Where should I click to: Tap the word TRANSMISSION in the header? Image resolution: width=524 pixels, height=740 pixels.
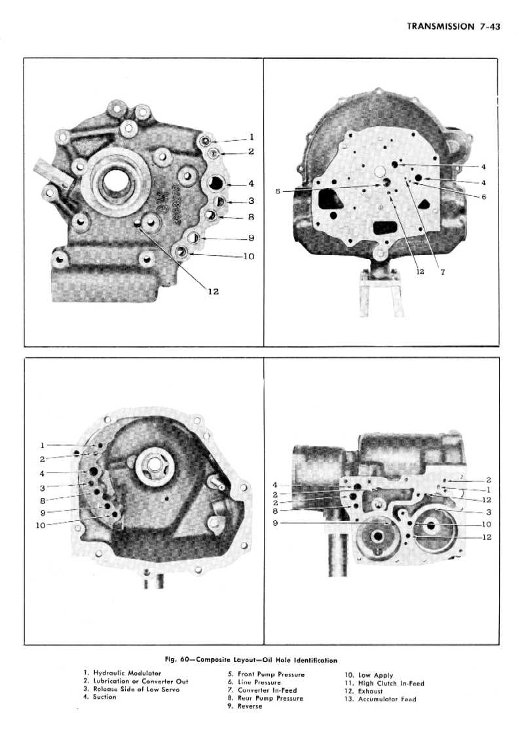coord(441,27)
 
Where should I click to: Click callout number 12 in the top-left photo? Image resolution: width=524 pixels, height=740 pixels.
coord(213,292)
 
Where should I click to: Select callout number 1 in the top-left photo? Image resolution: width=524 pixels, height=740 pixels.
coord(252,137)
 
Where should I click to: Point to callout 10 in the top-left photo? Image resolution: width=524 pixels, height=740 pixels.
coord(249,256)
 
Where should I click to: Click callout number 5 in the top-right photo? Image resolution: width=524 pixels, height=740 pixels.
coord(278,191)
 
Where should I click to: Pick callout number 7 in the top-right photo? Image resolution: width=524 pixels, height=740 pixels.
coord(443,272)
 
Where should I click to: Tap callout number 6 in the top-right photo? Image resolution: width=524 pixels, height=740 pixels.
coord(484,197)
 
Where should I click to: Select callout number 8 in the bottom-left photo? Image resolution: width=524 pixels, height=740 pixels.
coord(42,501)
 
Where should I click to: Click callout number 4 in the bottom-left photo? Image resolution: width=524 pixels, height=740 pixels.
coord(42,473)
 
